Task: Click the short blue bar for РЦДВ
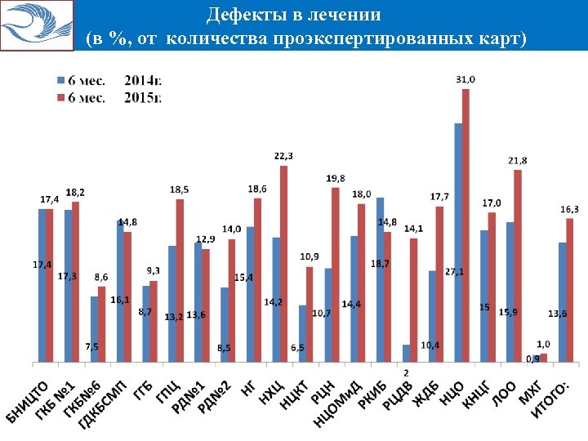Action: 406,352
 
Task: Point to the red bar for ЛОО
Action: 518,265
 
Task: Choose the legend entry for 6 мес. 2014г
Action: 106,80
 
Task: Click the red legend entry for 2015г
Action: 106,98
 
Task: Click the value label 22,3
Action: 283,156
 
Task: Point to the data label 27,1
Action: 454,271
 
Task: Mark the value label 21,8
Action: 517,160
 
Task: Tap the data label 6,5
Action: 299,348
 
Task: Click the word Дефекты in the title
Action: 236,15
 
